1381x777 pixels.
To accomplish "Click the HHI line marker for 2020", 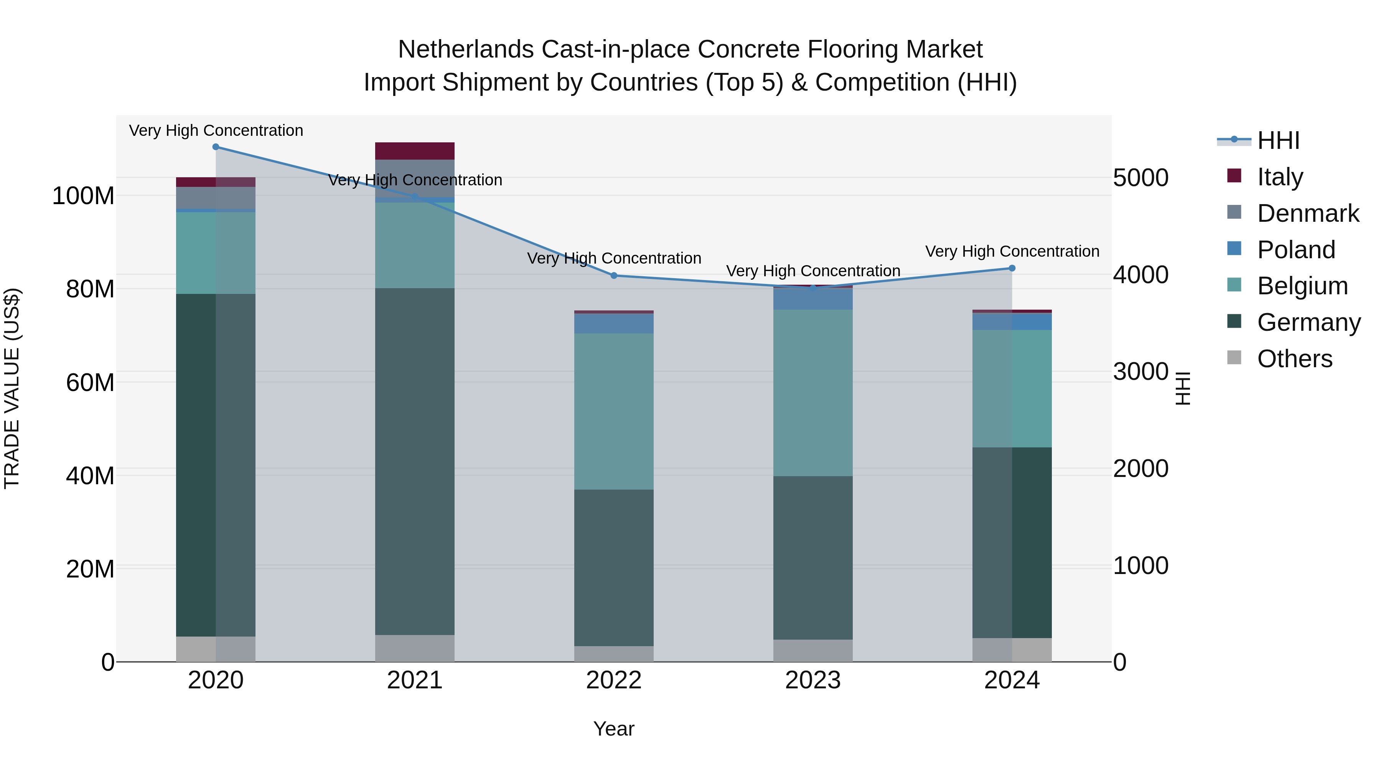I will click(x=216, y=147).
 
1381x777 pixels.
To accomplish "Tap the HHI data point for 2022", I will click(x=614, y=275).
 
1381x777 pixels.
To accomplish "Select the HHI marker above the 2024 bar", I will click(x=1012, y=268).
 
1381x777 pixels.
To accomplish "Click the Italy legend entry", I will click(x=1280, y=177).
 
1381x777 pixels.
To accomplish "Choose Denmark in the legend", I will click(x=1308, y=213).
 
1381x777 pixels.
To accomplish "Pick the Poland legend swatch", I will click(x=1234, y=249).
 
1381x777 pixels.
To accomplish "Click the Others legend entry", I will click(x=1294, y=359).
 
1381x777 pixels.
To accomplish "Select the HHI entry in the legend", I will click(x=1278, y=140).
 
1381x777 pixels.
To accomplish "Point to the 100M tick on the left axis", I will click(x=83, y=196).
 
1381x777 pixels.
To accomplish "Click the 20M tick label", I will click(x=90, y=569).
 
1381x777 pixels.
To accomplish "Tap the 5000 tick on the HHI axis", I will click(x=1140, y=178).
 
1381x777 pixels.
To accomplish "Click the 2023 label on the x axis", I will click(x=813, y=680).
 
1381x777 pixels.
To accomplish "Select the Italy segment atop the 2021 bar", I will click(x=414, y=151).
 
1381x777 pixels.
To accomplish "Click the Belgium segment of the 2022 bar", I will click(x=614, y=411).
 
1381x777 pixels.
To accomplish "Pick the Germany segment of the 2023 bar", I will click(x=813, y=558).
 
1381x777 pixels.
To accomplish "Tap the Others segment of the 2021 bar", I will click(x=414, y=648).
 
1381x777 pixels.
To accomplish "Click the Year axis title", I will click(x=614, y=729).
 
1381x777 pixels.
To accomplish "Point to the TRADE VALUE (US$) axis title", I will click(x=12, y=388).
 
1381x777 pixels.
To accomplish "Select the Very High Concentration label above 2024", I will click(x=1012, y=251).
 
